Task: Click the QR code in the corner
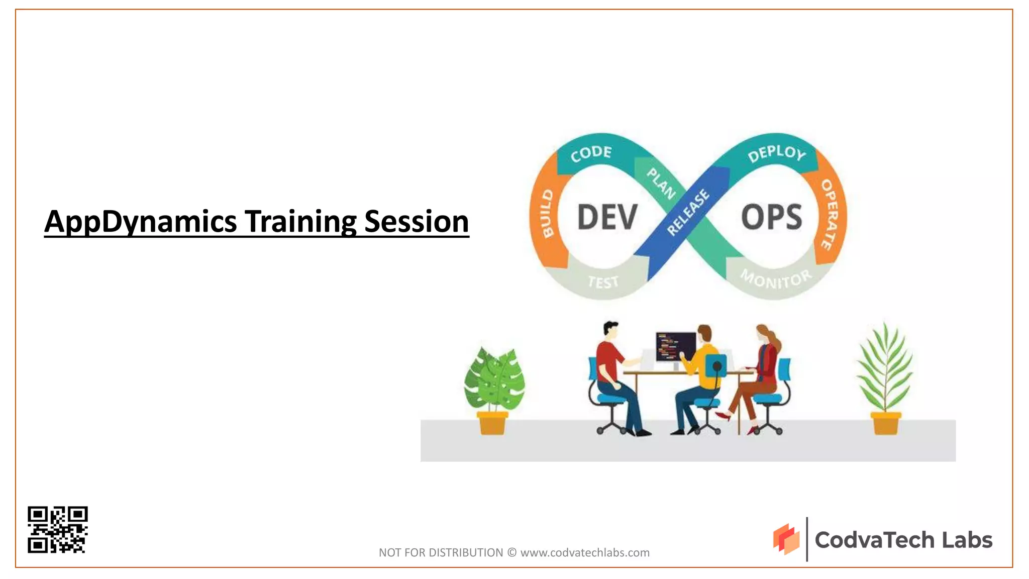(x=58, y=529)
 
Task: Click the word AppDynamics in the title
(x=140, y=222)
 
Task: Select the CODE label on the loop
(x=591, y=154)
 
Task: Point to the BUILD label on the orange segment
(x=547, y=213)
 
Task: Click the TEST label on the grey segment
(x=603, y=282)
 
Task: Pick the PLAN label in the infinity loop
(x=661, y=183)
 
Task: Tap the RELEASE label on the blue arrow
(x=688, y=212)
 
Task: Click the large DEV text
(x=607, y=217)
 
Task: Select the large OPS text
(x=771, y=217)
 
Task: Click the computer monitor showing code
(x=675, y=347)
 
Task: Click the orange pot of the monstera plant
(x=492, y=423)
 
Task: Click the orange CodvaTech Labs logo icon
(x=786, y=539)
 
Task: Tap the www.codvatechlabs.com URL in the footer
(x=585, y=552)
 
